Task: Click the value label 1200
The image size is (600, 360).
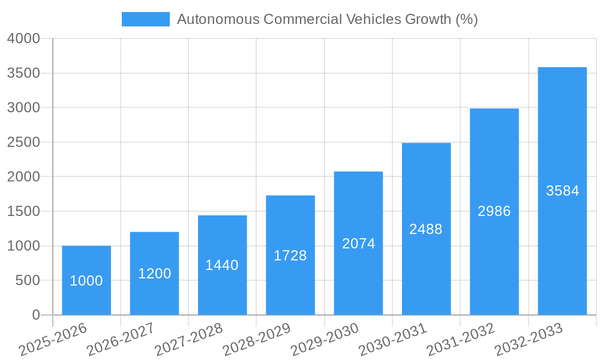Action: pos(155,274)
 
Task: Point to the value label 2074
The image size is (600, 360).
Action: pos(358,244)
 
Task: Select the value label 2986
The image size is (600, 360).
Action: pos(494,211)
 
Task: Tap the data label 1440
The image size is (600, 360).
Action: pos(222,265)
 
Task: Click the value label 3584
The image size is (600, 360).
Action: pos(562,191)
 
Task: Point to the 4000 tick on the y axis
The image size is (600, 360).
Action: pos(23,38)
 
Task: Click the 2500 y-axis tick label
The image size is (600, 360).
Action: pos(23,142)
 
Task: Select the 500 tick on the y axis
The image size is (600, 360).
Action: pos(28,280)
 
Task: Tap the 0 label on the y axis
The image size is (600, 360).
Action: pos(35,315)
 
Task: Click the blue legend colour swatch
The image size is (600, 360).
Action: pos(146,19)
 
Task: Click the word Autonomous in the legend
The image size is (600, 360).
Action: pos(218,19)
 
